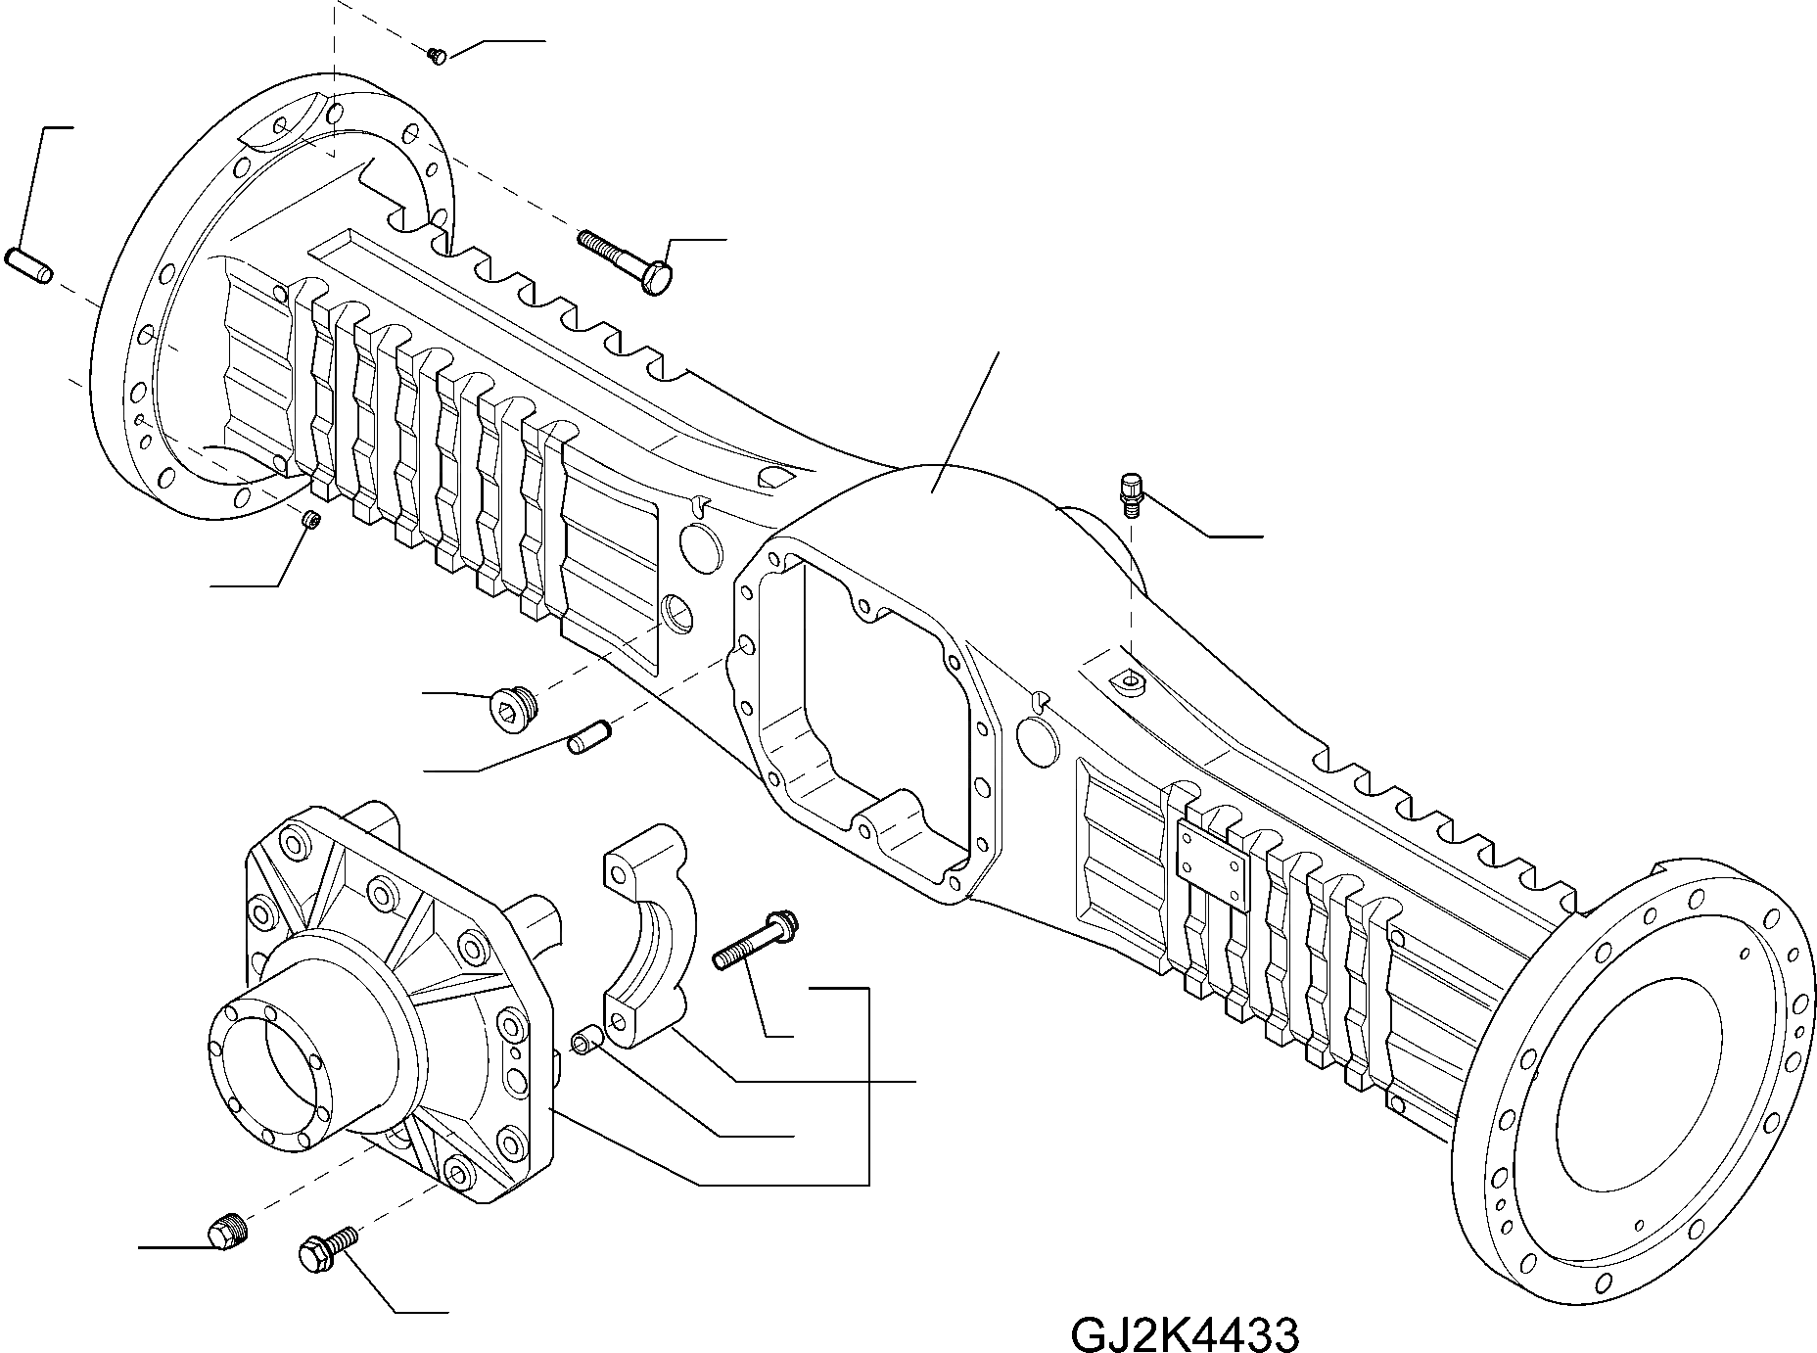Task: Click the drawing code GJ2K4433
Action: point(1185,1333)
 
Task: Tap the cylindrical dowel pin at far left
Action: point(30,266)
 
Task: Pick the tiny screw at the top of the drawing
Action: point(438,56)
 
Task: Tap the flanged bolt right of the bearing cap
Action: point(758,941)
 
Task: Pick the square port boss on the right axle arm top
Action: point(1126,679)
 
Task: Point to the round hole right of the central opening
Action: point(1038,741)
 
